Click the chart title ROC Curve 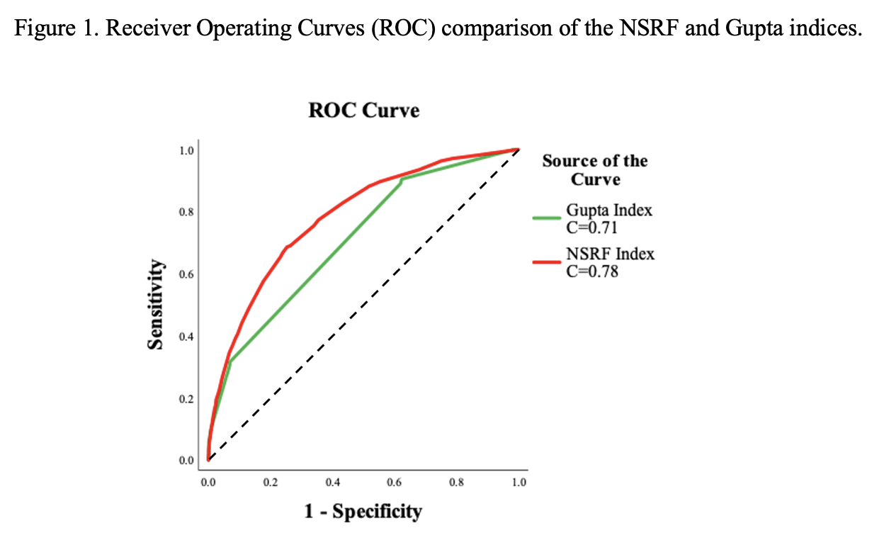[363, 111]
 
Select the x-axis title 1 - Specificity [363, 511]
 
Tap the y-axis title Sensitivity [154, 304]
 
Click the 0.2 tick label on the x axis [270, 483]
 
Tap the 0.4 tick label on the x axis [332, 483]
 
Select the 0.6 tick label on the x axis [395, 483]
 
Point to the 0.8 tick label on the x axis [457, 483]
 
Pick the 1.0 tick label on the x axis [518, 483]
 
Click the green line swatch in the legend [547, 219]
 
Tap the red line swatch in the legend [547, 262]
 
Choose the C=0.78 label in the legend [592, 271]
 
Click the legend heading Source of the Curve [595, 170]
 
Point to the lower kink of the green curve [229, 361]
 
